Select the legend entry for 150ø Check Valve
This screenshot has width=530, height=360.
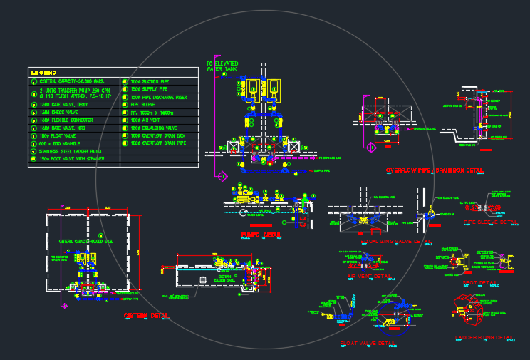(x=58, y=113)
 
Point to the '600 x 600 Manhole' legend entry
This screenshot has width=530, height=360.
(x=57, y=143)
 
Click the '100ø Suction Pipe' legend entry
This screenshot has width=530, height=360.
(x=149, y=81)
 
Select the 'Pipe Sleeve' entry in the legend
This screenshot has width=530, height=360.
(x=143, y=104)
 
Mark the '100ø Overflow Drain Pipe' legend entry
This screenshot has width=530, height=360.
(x=157, y=143)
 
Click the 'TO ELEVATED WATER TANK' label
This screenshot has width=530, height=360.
(x=222, y=66)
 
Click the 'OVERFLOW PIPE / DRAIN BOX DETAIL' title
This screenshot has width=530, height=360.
(x=435, y=170)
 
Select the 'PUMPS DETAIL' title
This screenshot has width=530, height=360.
(x=261, y=234)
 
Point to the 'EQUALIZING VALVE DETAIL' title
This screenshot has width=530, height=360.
(x=396, y=241)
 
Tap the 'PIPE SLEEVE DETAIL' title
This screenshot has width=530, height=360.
(x=491, y=222)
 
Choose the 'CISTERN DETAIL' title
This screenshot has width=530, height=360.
(x=147, y=314)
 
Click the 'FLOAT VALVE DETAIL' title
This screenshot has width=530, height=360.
(x=368, y=344)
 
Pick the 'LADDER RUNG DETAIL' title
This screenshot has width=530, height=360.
(x=484, y=336)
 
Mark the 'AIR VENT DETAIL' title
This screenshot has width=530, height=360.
(x=368, y=275)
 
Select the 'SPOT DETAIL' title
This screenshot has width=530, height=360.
(x=479, y=282)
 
